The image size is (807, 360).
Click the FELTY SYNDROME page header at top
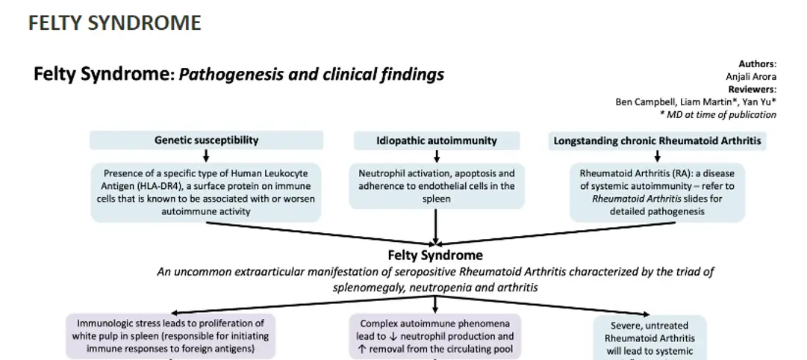tap(114, 23)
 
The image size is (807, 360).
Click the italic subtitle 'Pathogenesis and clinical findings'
tap(311, 74)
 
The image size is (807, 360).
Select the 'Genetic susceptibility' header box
tap(206, 140)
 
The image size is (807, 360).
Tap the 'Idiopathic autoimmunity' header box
tap(436, 140)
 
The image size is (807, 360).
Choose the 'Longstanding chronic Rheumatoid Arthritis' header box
tap(657, 140)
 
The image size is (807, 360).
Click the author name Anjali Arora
tap(751, 77)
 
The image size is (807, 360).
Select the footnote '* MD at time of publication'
tap(717, 114)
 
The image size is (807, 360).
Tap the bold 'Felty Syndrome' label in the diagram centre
tap(435, 255)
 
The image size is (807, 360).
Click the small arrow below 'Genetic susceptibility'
tap(206, 155)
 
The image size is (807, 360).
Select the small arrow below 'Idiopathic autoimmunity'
tap(436, 155)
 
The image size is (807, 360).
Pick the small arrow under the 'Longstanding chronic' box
tap(657, 155)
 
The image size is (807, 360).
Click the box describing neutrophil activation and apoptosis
tap(436, 186)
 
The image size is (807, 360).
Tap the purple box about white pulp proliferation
tap(171, 336)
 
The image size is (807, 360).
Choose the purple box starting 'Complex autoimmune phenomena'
tap(435, 336)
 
